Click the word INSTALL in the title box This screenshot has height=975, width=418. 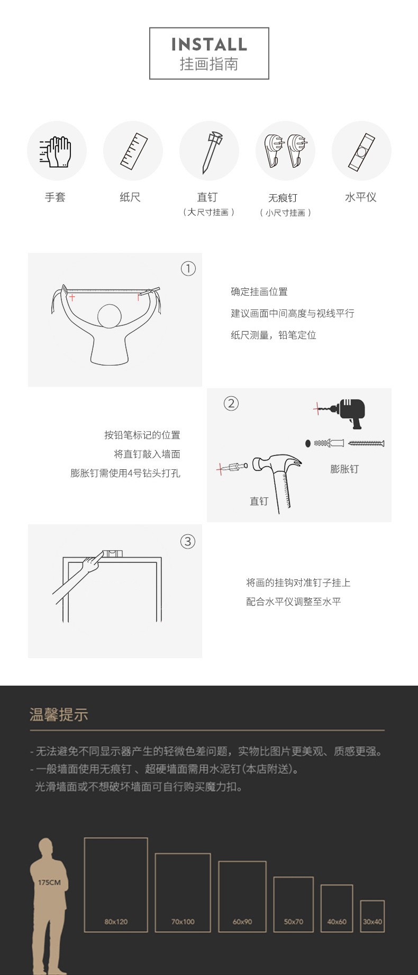click(209, 44)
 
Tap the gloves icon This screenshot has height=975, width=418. click(56, 152)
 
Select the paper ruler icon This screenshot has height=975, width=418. click(133, 151)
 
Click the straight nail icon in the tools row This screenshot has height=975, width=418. click(210, 152)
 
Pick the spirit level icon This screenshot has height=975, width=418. click(361, 152)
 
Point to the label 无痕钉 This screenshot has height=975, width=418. click(283, 198)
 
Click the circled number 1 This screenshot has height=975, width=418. click(188, 269)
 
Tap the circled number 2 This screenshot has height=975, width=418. click(231, 404)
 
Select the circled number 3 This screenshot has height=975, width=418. click(188, 542)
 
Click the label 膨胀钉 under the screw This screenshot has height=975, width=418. click(344, 469)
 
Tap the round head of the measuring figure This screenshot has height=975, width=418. click(110, 316)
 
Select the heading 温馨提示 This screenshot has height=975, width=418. click(59, 715)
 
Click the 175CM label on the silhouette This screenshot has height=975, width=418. click(49, 882)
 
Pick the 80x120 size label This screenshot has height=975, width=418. click(116, 922)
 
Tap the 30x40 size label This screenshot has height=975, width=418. click(372, 922)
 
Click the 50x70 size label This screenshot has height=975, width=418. click(294, 922)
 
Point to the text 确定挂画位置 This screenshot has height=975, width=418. click(259, 291)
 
